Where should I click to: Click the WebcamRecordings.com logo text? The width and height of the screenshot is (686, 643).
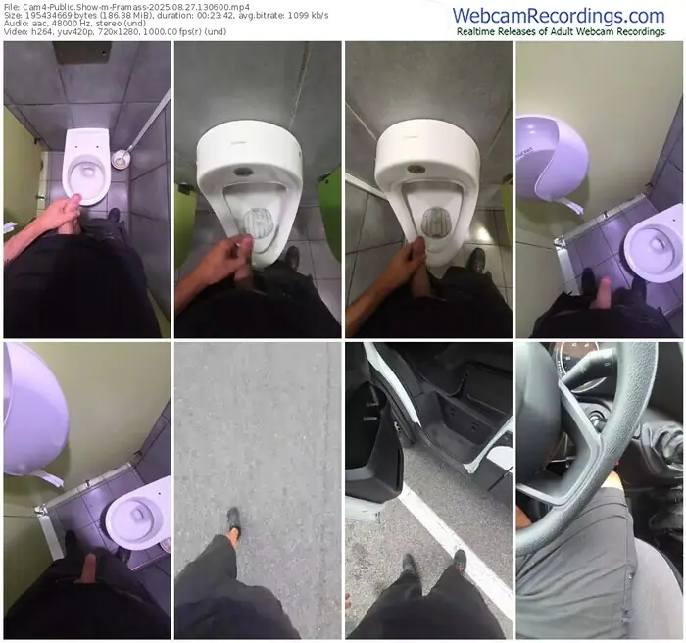558,15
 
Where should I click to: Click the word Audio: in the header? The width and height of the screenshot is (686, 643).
19,25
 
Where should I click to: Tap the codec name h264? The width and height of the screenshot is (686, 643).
45,33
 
